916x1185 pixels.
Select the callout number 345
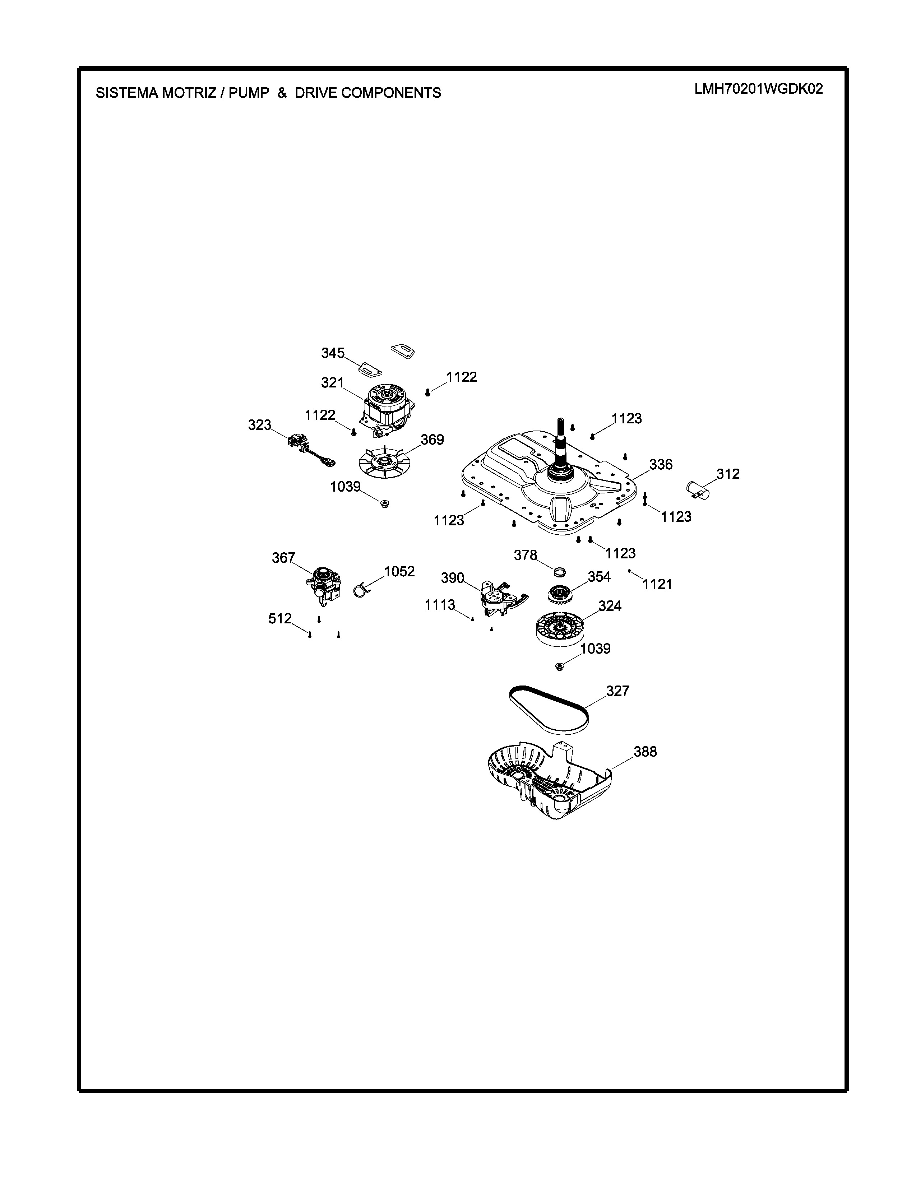[x=333, y=353]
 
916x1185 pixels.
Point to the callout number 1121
[x=657, y=584]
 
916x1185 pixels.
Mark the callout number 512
[x=280, y=619]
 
